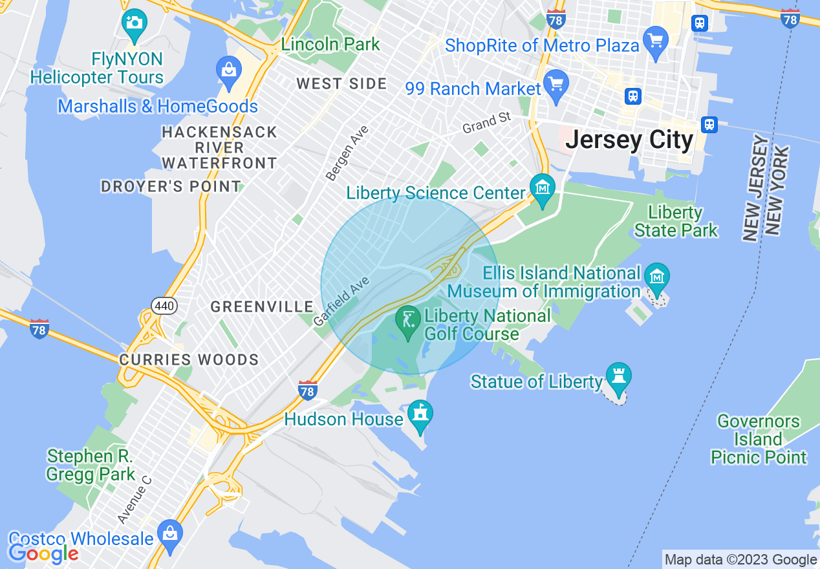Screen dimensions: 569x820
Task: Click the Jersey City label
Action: (629, 140)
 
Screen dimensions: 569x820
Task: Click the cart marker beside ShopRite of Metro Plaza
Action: (656, 41)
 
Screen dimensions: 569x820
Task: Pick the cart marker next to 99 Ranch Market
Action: (556, 85)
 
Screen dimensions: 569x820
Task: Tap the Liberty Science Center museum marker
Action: (542, 188)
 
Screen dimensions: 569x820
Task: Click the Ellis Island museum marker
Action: (657, 277)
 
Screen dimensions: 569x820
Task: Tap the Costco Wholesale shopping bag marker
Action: (169, 534)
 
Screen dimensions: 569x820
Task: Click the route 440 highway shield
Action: (165, 305)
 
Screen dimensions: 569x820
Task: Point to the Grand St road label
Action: (486, 123)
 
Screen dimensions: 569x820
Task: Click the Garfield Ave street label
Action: (341, 301)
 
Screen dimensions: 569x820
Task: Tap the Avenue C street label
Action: (135, 500)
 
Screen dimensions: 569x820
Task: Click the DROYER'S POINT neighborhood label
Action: (171, 187)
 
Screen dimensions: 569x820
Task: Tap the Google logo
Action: (43, 553)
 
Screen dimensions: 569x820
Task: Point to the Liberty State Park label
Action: (676, 221)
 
